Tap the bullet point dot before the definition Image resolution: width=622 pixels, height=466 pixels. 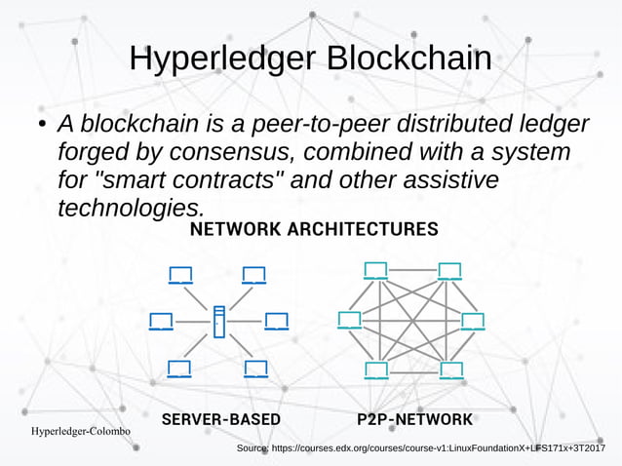[x=41, y=127]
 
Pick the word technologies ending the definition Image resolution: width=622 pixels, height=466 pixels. [x=131, y=208]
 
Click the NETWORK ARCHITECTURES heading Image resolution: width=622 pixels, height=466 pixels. [x=313, y=230]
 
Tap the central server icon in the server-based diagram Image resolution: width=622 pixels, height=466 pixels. [x=219, y=321]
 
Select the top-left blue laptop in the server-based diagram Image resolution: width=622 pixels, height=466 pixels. [x=180, y=275]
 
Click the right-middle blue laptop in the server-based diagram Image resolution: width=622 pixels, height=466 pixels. [x=277, y=321]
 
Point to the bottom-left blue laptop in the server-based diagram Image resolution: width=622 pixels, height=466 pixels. [x=179, y=369]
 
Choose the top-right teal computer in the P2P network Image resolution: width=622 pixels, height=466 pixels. [x=449, y=271]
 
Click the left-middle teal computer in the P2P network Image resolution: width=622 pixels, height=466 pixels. [x=349, y=320]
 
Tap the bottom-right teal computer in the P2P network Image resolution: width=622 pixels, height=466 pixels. [x=451, y=369]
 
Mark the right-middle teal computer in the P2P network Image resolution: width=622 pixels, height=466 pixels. [x=473, y=321]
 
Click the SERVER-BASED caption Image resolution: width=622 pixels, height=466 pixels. [x=220, y=419]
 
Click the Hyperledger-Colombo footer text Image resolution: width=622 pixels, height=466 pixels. [x=81, y=431]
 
